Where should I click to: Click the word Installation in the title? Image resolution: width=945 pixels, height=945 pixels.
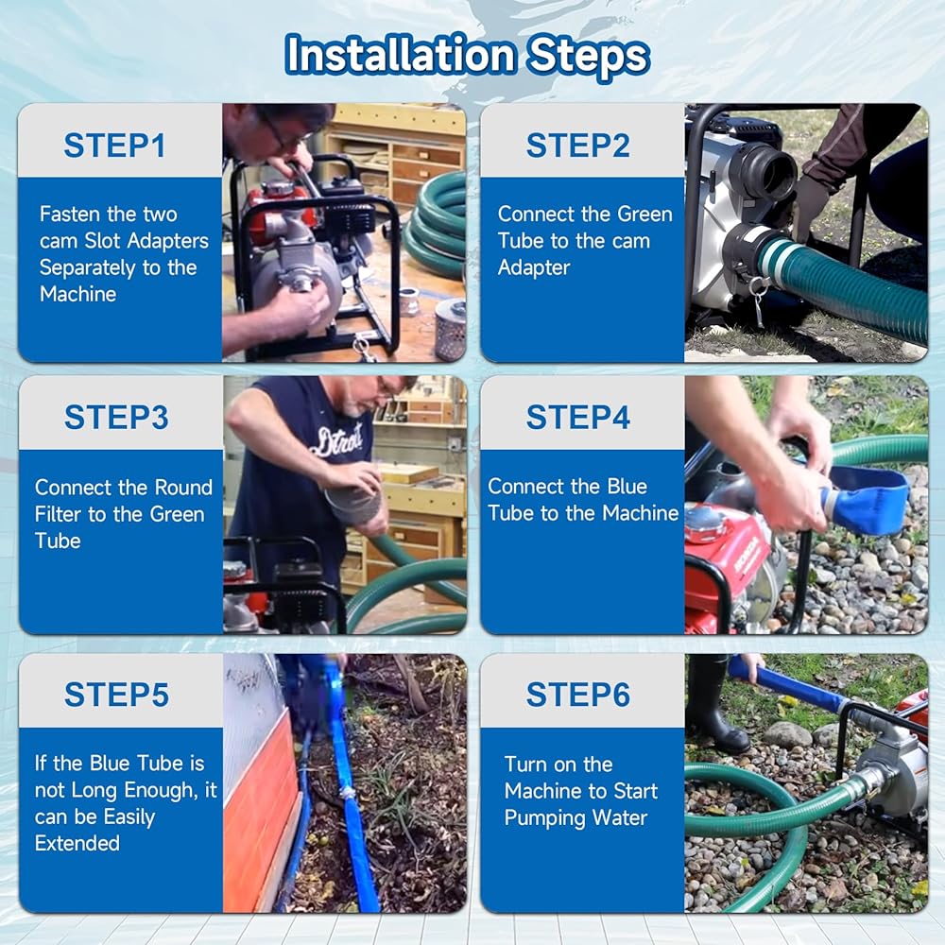(400, 55)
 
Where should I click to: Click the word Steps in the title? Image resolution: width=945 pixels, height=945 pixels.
(588, 58)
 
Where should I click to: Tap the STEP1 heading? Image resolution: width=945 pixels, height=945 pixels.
(114, 146)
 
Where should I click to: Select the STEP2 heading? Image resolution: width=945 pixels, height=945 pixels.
(578, 146)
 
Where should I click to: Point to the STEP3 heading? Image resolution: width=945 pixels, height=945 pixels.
(116, 417)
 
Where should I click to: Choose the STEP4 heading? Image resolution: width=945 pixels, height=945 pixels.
(578, 417)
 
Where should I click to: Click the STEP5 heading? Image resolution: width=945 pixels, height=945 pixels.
(116, 695)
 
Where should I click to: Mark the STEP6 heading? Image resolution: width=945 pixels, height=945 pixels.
(578, 695)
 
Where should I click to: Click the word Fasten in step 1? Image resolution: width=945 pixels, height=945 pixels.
(70, 214)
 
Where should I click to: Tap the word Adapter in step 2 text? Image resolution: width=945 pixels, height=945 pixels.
(533, 267)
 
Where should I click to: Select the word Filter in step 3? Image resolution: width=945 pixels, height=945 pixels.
(59, 514)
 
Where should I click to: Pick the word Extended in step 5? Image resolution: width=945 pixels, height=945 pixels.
(77, 843)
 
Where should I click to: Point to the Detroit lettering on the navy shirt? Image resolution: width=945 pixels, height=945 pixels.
(337, 440)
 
